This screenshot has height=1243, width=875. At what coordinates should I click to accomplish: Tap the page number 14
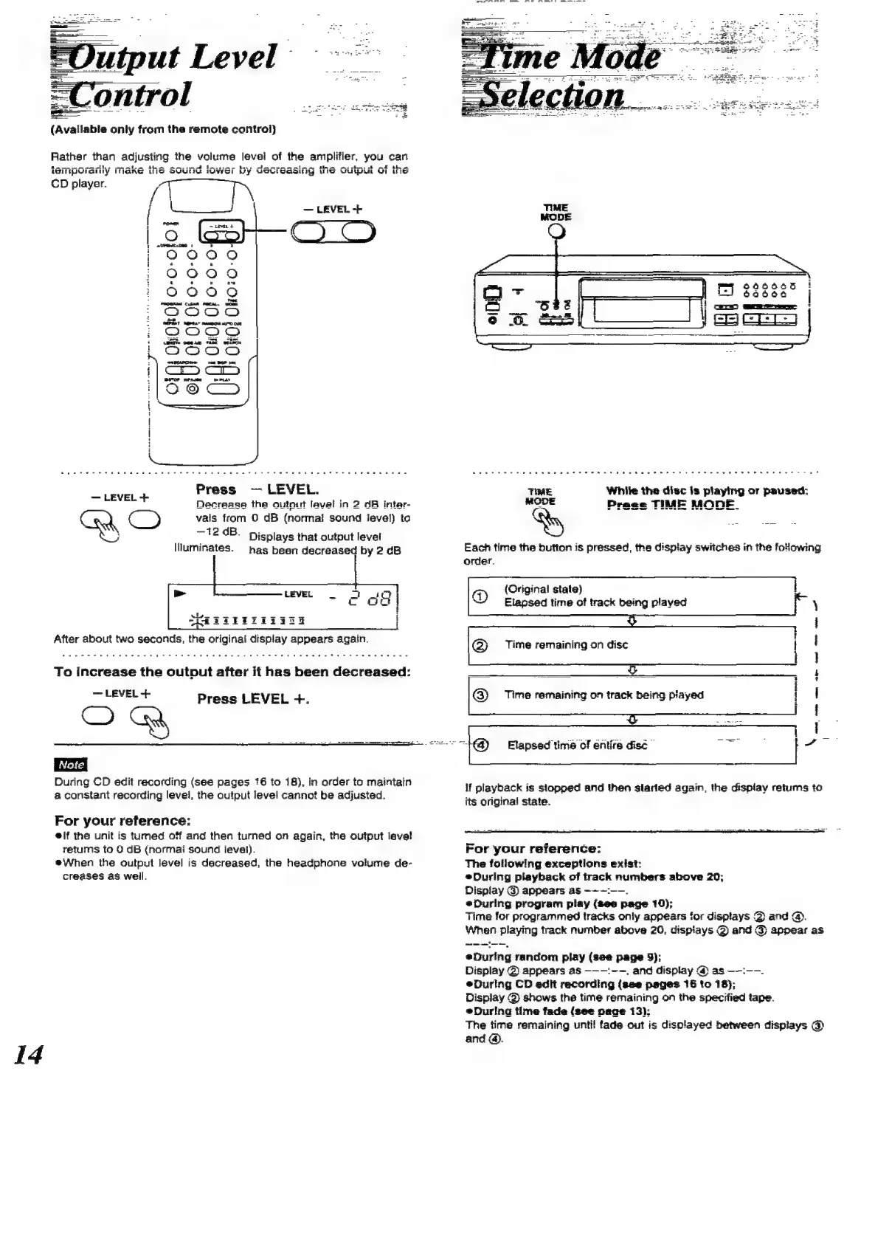click(x=29, y=1054)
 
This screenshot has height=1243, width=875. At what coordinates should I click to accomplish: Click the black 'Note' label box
click(x=71, y=765)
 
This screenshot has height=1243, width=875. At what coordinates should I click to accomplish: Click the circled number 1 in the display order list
click(x=479, y=596)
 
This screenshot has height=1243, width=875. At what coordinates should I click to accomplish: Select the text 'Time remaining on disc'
click(x=566, y=644)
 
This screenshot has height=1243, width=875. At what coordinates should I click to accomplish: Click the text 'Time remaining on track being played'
click(x=603, y=695)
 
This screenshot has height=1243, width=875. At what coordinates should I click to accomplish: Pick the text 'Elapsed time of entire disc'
click(x=577, y=745)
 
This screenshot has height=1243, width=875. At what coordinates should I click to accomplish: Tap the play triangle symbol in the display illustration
click(x=179, y=593)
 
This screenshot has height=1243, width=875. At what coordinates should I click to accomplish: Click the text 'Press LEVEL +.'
click(x=253, y=699)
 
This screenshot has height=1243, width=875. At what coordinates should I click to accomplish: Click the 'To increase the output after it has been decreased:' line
click(x=232, y=672)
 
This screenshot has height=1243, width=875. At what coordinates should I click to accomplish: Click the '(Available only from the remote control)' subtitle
click(x=163, y=129)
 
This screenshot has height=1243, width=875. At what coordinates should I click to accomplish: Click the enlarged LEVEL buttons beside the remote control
click(x=333, y=233)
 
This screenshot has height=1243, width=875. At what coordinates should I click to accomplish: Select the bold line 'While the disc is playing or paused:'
click(x=707, y=491)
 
